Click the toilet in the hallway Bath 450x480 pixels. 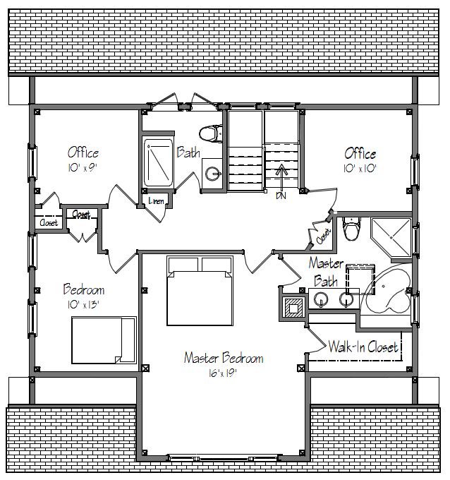click(211, 133)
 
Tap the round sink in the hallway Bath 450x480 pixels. click(212, 174)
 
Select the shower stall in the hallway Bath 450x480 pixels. click(158, 162)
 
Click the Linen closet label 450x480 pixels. click(156, 200)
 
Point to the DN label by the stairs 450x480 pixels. click(281, 196)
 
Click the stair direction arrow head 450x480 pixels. click(281, 169)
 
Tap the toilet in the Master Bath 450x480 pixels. click(351, 229)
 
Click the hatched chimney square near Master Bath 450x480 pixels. click(293, 307)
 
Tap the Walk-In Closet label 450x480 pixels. click(363, 347)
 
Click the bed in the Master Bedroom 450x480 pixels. click(200, 291)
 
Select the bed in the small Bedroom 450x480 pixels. click(104, 340)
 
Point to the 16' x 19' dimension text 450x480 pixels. click(223, 373)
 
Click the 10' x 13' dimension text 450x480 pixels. click(84, 304)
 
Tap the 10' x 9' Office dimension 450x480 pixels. click(83, 167)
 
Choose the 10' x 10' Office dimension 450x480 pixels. click(360, 169)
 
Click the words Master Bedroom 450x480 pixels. click(224, 358)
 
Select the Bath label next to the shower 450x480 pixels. click(188, 152)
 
